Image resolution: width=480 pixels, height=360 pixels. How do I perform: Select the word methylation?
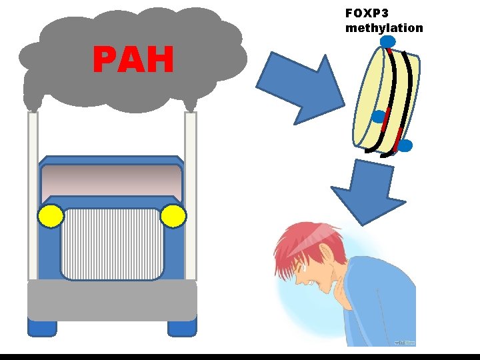[383, 28]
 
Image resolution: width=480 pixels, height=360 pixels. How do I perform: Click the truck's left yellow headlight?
[51, 216]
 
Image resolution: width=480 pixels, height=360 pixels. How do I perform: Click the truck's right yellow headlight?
[173, 216]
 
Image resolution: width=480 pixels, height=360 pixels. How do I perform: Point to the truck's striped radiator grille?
[112, 244]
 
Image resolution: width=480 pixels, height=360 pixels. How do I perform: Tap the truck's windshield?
[112, 179]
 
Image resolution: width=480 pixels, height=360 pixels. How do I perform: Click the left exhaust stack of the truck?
[33, 193]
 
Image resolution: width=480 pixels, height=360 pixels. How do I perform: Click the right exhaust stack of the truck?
[191, 193]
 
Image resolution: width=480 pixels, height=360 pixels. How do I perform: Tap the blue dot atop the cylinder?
[388, 43]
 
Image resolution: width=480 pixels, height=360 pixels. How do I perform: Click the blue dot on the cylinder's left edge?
[378, 117]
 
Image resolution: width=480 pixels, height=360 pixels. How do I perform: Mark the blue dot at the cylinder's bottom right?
[405, 145]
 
